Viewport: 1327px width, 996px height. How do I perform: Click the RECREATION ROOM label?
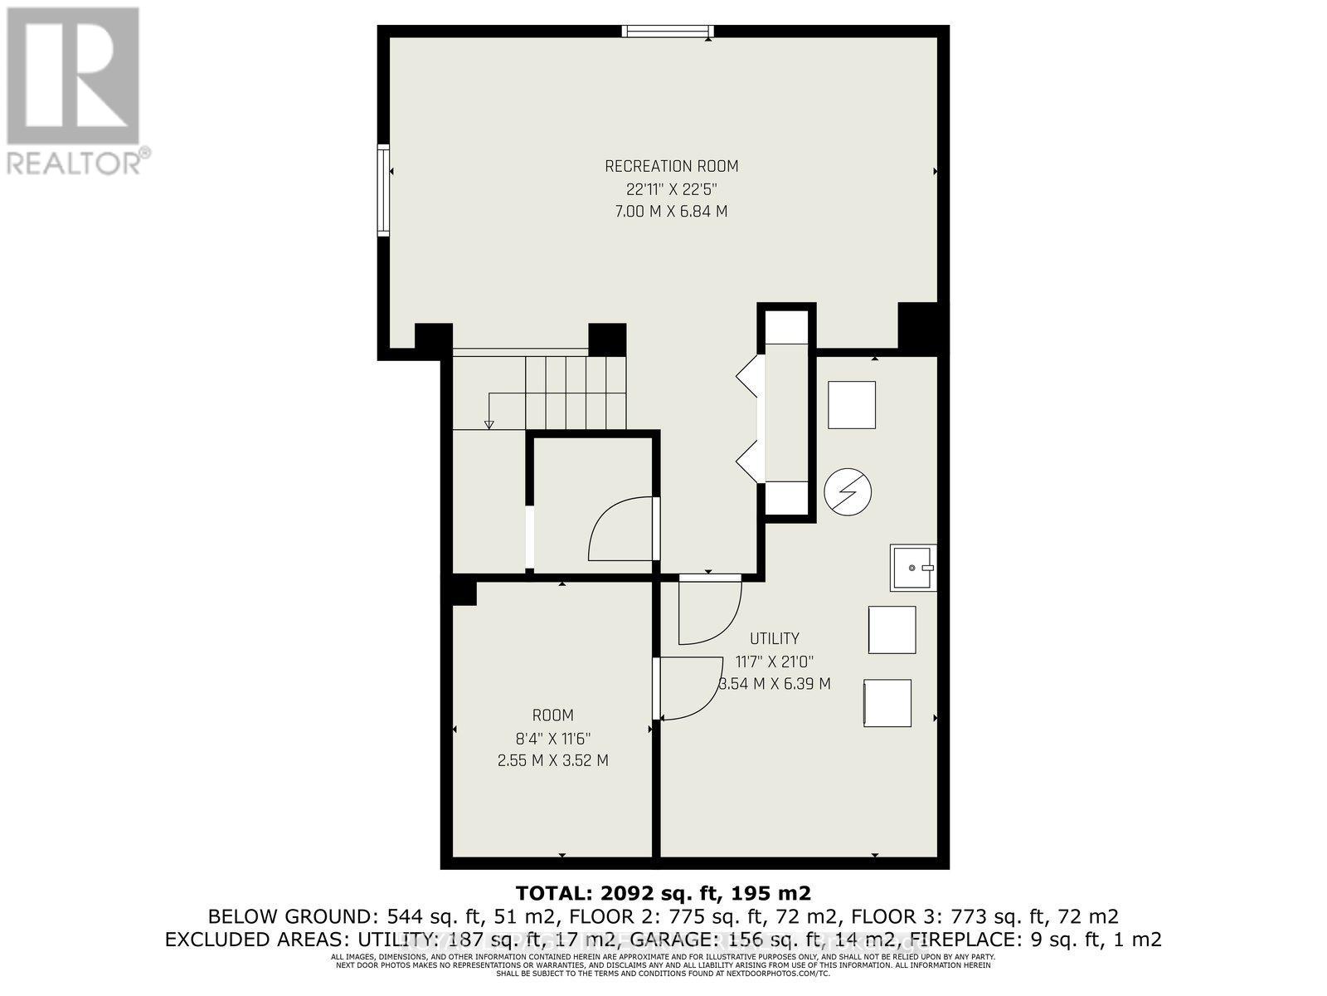click(671, 166)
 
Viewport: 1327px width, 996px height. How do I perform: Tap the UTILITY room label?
click(774, 638)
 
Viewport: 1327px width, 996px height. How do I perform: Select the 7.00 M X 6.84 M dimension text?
click(671, 212)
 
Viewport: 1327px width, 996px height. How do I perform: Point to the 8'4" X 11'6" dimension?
click(552, 738)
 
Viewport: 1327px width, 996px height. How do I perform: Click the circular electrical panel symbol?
click(848, 492)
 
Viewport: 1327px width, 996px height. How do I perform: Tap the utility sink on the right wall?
click(912, 568)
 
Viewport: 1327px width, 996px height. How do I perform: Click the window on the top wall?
click(668, 32)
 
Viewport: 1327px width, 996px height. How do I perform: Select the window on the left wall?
click(383, 190)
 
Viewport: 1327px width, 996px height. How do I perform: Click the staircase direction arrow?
click(489, 423)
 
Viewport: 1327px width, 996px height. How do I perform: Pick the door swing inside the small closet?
click(622, 531)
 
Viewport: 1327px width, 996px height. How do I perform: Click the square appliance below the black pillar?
click(852, 405)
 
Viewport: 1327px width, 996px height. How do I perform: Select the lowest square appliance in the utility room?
click(887, 704)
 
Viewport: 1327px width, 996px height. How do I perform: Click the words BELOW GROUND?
click(294, 917)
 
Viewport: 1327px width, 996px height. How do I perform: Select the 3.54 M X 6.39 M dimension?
click(774, 684)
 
